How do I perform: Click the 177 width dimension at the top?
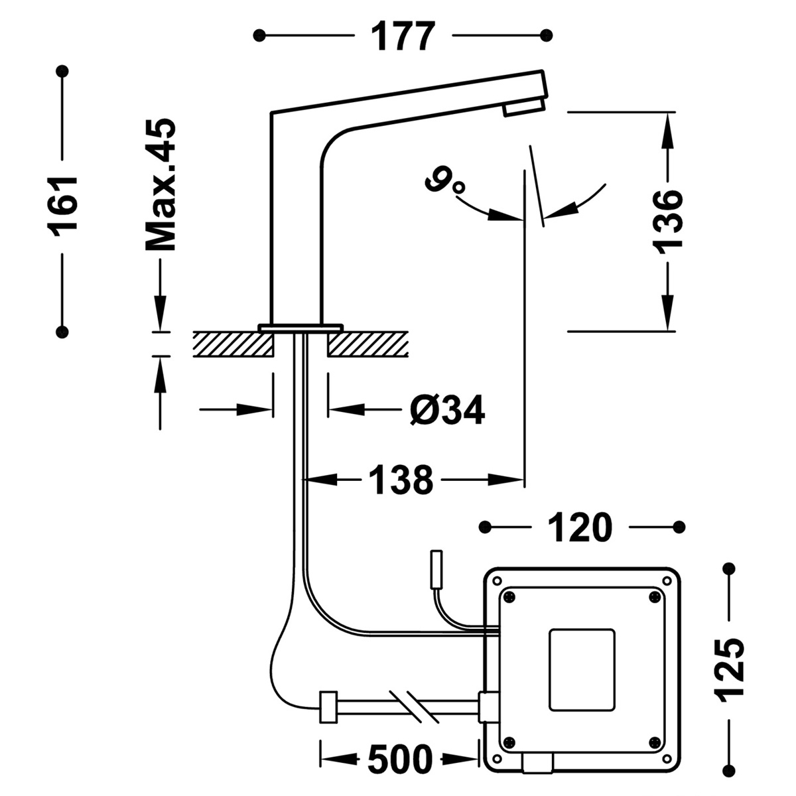(x=403, y=36)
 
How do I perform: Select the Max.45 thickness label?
(x=161, y=186)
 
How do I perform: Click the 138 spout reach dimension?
(x=401, y=479)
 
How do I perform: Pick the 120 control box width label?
(x=580, y=528)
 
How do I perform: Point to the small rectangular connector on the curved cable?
(x=437, y=569)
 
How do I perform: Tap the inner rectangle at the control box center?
(x=582, y=671)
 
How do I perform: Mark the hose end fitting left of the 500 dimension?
(x=327, y=707)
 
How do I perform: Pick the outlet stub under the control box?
(x=537, y=765)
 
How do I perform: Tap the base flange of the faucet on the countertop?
(x=300, y=327)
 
